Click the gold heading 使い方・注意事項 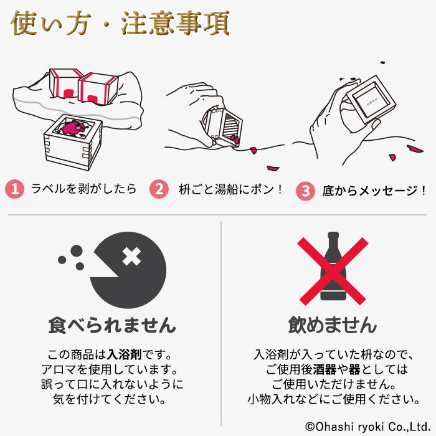120,24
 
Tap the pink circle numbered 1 14,189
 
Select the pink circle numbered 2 159,189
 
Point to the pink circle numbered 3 305,191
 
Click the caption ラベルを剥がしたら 83,189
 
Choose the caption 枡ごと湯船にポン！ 230,189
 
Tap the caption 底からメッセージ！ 374,191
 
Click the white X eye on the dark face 131,257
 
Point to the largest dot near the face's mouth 77,251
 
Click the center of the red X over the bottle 333,271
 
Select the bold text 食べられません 112,325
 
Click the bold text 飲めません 333,325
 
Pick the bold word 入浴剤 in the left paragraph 125,355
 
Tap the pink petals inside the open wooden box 73,128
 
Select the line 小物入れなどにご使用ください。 334,399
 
